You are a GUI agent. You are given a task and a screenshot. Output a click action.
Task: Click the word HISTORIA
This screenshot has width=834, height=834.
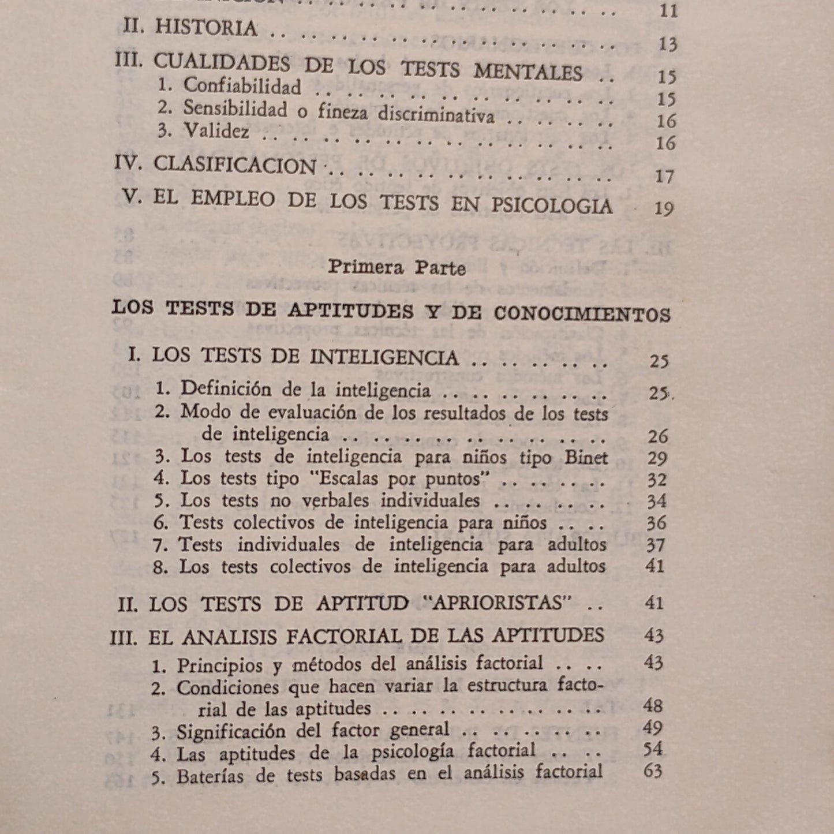point(205,28)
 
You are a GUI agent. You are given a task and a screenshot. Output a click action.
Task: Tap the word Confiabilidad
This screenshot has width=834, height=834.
point(242,87)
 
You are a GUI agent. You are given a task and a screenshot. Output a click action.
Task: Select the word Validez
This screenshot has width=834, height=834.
point(216,132)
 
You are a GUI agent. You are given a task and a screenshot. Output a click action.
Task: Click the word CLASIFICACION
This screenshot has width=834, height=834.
point(235,166)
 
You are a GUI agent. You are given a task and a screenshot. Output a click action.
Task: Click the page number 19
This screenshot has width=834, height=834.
point(664,208)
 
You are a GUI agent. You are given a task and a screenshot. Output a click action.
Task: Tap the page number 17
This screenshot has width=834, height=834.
point(664,176)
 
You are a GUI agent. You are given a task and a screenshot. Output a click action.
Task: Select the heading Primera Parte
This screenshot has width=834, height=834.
point(397,268)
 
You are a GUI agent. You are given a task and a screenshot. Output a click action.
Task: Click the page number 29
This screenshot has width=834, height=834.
point(657,458)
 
